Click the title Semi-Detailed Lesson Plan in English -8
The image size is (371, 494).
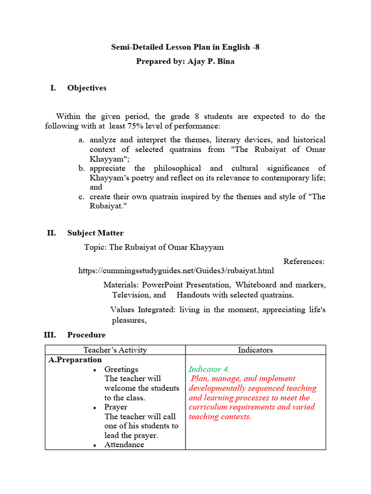click(185, 47)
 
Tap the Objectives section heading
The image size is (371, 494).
click(87, 88)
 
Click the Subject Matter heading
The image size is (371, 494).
click(95, 233)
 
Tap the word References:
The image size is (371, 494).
click(304, 261)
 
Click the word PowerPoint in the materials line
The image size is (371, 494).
click(163, 285)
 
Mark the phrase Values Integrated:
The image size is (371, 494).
click(143, 309)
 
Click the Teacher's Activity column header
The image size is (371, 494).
click(115, 350)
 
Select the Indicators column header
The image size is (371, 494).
click(255, 350)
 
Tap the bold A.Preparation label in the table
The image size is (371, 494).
click(75, 360)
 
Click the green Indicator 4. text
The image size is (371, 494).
click(209, 370)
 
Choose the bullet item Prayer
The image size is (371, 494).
click(115, 407)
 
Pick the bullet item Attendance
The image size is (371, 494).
click(124, 445)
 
